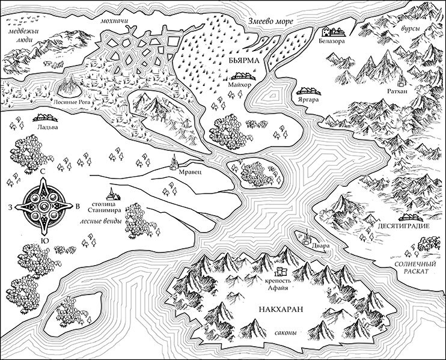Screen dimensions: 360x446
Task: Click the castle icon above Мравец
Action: (x=175, y=160)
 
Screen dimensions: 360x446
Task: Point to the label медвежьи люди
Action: (x=23, y=30)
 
